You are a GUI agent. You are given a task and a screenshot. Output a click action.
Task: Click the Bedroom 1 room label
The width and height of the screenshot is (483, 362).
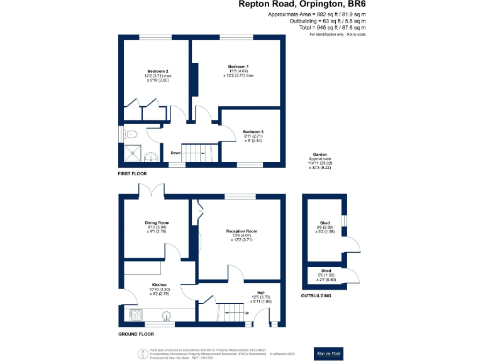[238, 67]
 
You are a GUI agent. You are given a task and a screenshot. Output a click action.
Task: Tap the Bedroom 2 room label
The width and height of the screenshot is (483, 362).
[158, 71]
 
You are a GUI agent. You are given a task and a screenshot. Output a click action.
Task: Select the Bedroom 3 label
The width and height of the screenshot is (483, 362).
[253, 131]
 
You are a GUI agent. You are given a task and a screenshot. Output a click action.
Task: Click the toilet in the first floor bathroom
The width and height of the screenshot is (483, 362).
[130, 133]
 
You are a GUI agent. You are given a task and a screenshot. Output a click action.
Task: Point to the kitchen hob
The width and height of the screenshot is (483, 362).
[136, 315]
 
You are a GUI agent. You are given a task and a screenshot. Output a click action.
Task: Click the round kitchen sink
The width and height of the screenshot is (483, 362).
[167, 315]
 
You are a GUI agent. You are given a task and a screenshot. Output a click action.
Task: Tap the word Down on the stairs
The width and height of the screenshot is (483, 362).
[175, 152]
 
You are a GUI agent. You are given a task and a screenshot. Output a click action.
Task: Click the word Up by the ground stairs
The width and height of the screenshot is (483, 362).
[246, 312]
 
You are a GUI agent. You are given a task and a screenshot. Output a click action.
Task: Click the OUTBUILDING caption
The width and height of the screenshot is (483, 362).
[316, 295]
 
